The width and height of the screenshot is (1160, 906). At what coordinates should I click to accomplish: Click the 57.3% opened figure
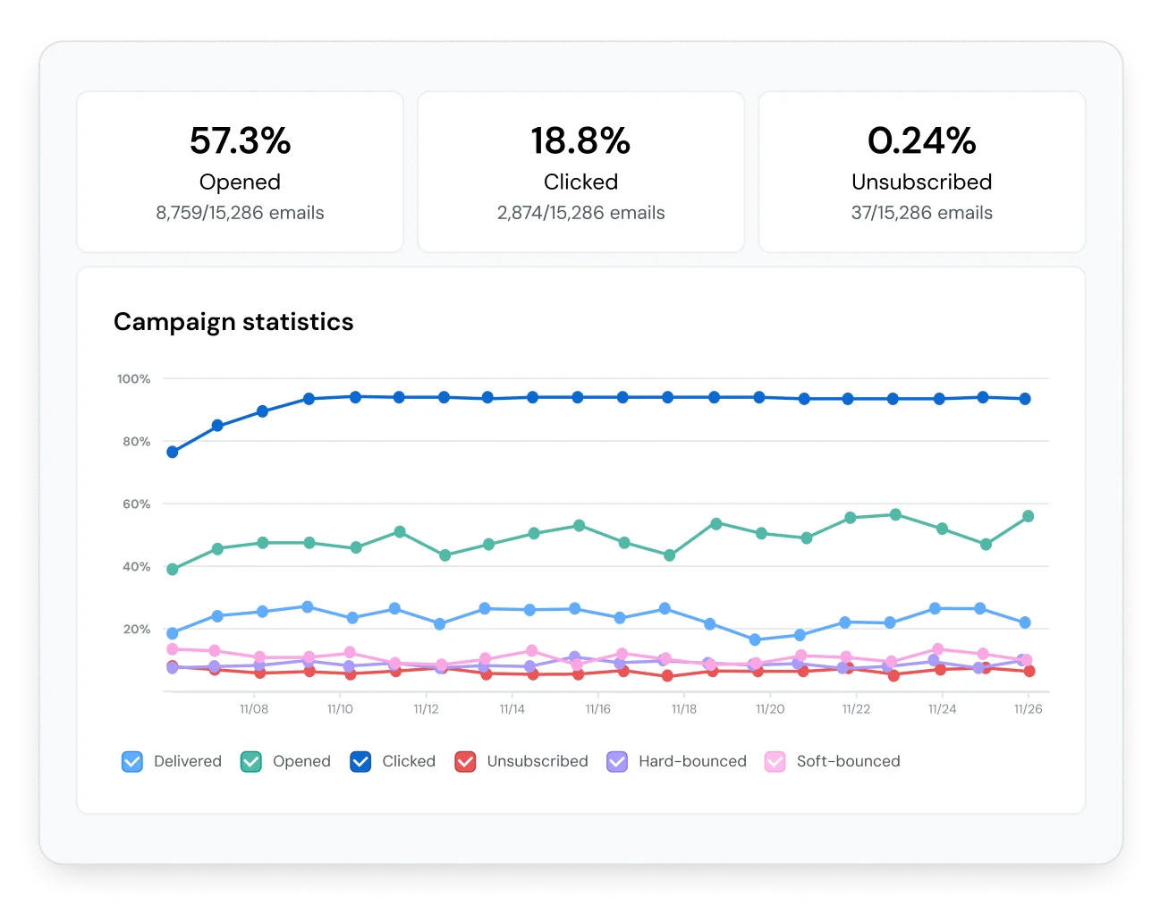click(240, 141)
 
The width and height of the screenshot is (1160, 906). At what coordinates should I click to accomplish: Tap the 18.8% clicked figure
click(580, 141)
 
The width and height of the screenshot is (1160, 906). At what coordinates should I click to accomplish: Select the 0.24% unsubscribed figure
click(921, 141)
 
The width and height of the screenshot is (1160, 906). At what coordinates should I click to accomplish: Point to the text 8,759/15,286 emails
click(240, 213)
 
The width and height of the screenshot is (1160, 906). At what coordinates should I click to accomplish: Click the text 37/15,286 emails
click(921, 213)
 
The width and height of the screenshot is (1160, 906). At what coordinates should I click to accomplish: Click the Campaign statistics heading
click(233, 322)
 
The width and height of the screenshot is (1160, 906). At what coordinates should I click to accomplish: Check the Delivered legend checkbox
click(132, 761)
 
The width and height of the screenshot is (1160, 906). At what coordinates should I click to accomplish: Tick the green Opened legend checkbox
click(251, 761)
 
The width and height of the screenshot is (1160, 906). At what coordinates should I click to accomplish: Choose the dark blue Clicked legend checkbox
click(360, 761)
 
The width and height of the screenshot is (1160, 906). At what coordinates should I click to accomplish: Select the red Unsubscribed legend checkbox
click(465, 761)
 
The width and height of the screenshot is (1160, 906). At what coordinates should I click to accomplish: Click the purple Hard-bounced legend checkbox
click(617, 761)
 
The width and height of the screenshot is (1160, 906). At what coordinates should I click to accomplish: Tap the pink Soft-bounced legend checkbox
click(775, 761)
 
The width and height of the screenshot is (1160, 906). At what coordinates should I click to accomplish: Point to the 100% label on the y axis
click(133, 379)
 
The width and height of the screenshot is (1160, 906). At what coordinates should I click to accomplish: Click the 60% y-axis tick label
click(136, 504)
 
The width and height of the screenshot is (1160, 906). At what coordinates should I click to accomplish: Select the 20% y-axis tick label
click(136, 630)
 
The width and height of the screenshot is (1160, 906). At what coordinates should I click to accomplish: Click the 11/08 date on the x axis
click(254, 709)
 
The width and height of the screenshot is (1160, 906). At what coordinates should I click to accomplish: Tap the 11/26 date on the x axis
click(1028, 709)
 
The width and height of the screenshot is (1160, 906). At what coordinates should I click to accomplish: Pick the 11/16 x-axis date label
click(597, 709)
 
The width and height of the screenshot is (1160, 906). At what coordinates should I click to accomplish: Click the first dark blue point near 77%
click(173, 453)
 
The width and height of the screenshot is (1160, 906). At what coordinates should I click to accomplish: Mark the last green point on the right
click(1028, 516)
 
